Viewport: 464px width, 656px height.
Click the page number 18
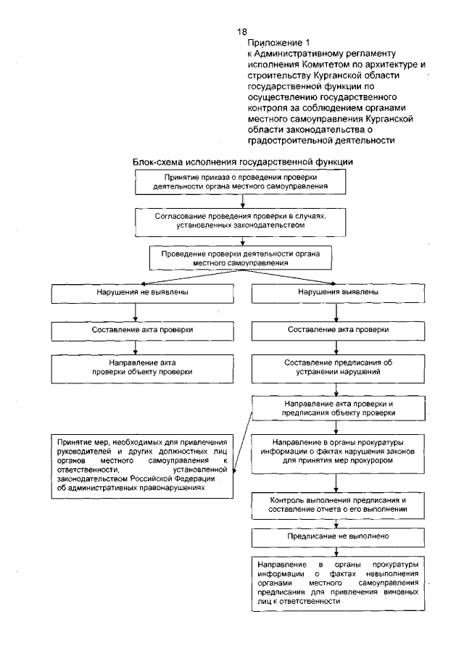click(x=242, y=32)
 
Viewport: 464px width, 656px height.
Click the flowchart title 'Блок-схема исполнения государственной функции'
click(x=242, y=161)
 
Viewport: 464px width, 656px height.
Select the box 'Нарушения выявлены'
click(x=336, y=293)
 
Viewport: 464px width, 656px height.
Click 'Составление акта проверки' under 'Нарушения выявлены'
click(x=336, y=329)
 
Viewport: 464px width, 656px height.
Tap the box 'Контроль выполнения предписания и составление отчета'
click(x=336, y=505)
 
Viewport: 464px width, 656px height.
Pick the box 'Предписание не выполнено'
click(x=336, y=536)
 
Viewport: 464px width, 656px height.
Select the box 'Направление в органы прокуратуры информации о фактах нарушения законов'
click(x=336, y=451)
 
